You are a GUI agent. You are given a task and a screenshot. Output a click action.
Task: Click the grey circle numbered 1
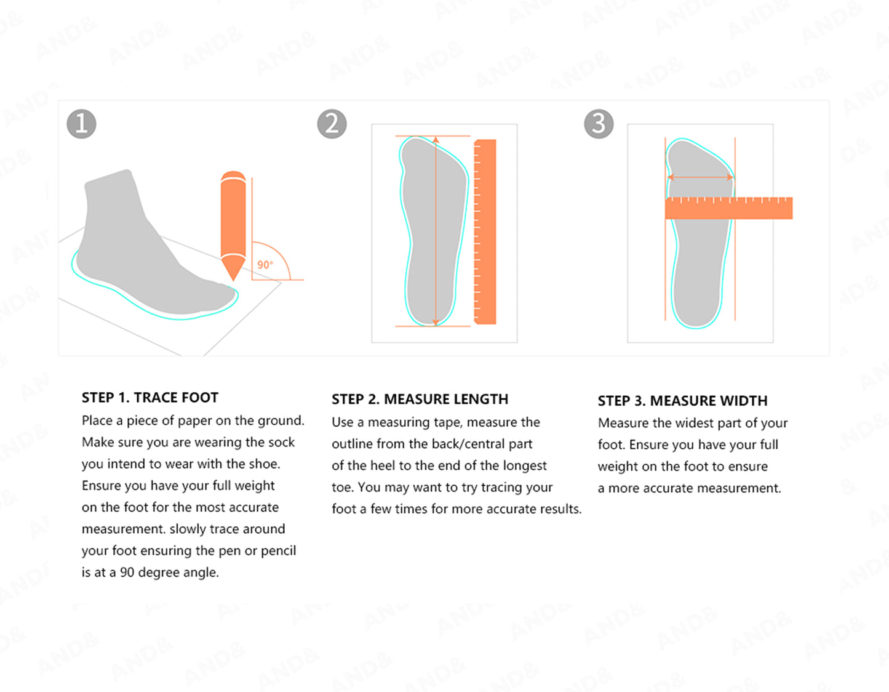[81, 124]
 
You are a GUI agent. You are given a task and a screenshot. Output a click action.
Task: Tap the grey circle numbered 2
[332, 124]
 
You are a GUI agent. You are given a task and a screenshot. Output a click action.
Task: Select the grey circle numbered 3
[599, 124]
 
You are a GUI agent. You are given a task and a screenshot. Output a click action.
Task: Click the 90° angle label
[265, 265]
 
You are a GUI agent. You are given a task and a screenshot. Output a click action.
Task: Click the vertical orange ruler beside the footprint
[485, 231]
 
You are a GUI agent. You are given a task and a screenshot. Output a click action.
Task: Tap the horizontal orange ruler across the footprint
[728, 208]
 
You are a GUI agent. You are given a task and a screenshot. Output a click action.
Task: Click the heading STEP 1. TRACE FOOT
[149, 397]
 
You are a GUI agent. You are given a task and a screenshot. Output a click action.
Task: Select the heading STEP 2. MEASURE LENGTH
[420, 399]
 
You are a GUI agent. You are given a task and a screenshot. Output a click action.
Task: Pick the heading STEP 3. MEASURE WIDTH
[682, 401]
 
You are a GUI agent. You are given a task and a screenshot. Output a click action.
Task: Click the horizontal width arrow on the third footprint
[700, 177]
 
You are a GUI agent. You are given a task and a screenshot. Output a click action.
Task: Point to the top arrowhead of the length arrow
[436, 140]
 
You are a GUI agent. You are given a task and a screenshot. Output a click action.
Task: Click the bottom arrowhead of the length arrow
[436, 321]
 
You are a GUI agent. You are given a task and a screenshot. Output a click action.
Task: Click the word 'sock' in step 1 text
[281, 442]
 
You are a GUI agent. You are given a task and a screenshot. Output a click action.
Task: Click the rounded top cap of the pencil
[233, 176]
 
